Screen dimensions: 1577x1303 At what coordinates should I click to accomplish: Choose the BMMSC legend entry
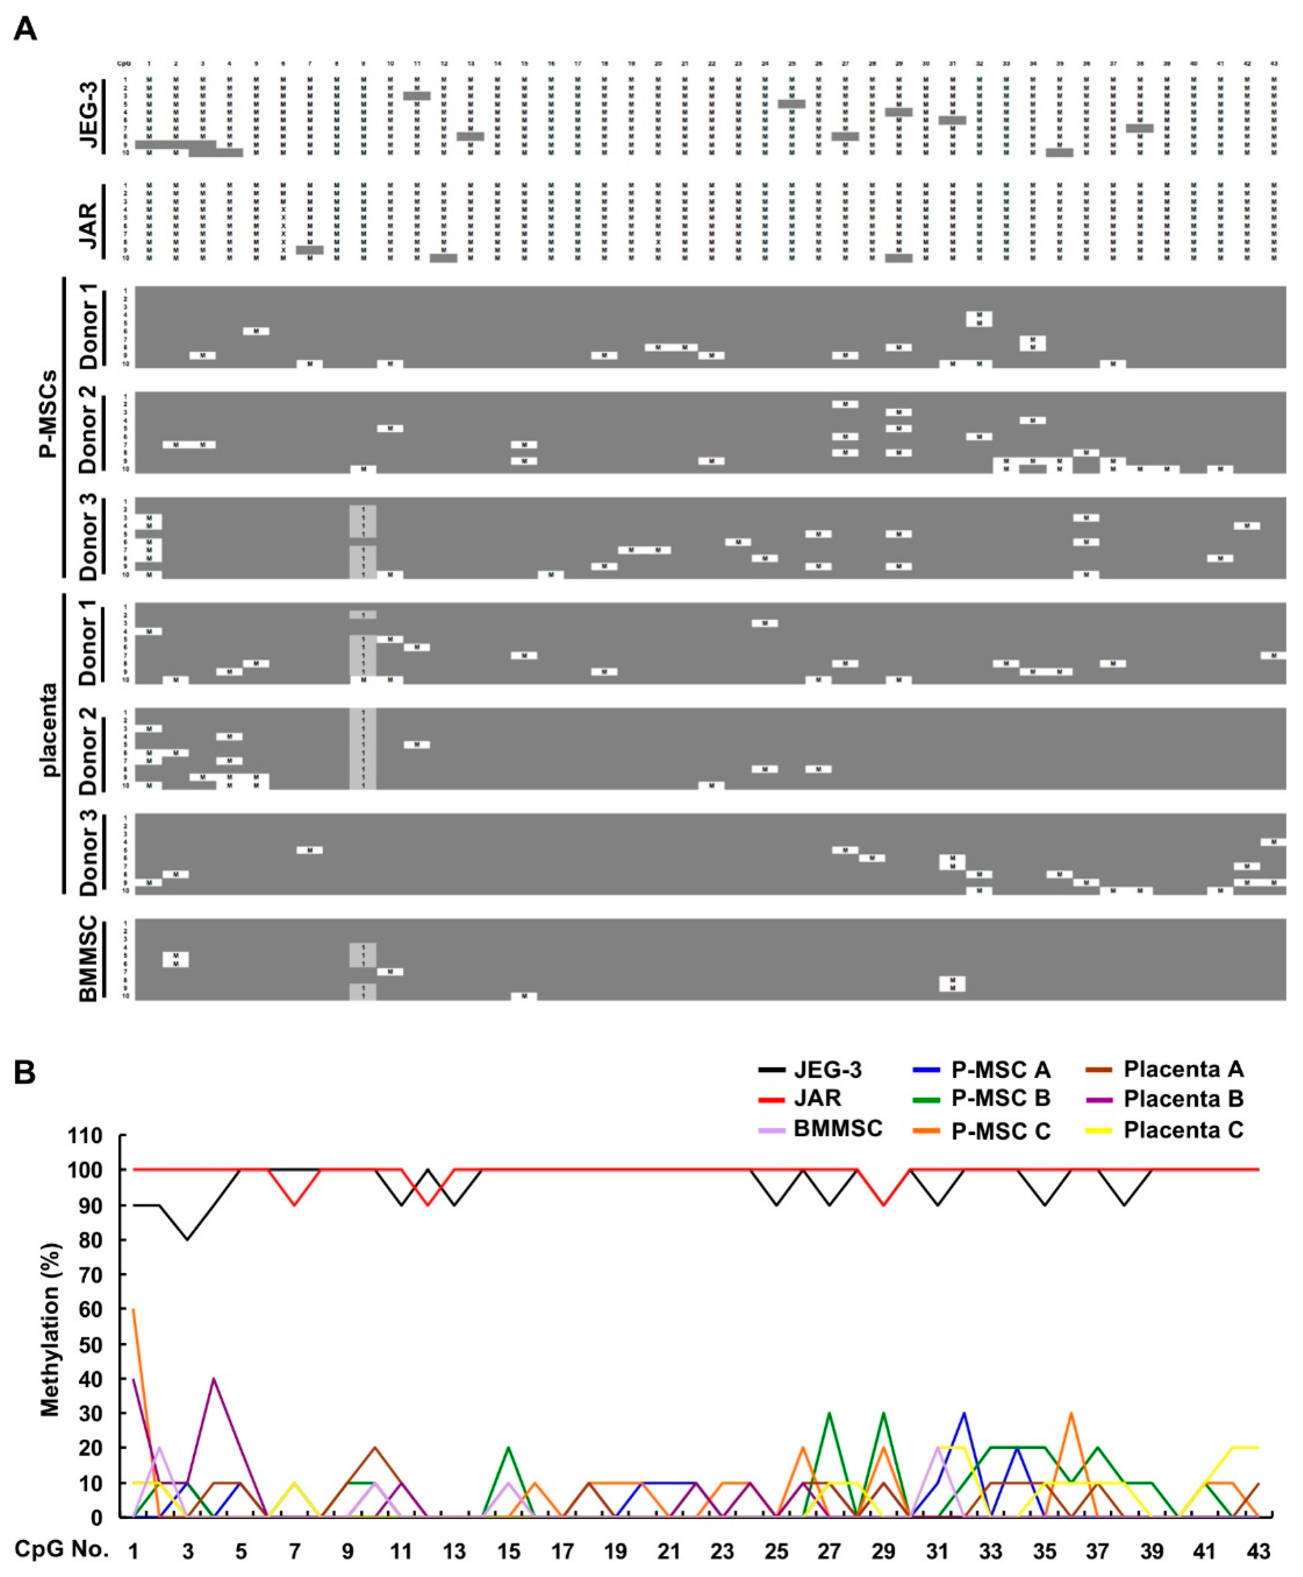837,1129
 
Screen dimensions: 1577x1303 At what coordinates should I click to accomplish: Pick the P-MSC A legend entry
1000,1069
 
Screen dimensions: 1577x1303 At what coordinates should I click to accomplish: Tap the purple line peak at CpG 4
215,1379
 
